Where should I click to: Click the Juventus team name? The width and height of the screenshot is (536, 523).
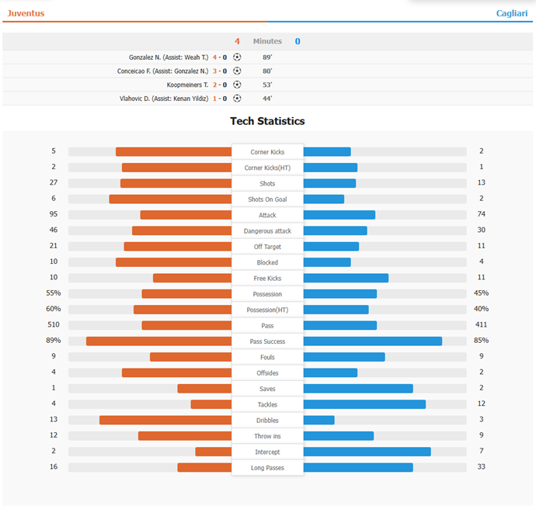(x=26, y=13)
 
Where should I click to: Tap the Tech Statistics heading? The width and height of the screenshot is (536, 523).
(x=267, y=121)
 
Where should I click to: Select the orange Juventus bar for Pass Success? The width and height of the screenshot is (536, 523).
(x=158, y=341)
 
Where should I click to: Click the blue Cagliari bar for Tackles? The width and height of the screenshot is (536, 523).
(x=364, y=404)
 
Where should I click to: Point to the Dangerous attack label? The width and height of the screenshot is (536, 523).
(x=267, y=231)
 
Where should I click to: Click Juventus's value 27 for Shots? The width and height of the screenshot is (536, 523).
(x=54, y=183)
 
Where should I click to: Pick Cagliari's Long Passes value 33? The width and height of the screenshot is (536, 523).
(x=482, y=467)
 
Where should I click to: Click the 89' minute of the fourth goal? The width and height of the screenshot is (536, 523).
(x=267, y=57)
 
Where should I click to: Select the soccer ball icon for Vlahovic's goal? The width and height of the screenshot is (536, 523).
(x=237, y=99)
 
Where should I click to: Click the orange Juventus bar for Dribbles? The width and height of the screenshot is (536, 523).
(x=165, y=420)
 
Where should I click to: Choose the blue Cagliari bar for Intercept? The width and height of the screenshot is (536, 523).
(x=367, y=452)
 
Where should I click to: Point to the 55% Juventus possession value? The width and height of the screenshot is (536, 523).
(x=54, y=293)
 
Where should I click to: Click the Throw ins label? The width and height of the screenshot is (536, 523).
(x=267, y=436)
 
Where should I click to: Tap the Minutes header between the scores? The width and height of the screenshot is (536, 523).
(x=267, y=41)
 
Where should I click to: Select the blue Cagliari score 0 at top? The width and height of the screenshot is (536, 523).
(x=298, y=41)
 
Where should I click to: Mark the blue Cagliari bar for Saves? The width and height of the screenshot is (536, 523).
(x=358, y=388)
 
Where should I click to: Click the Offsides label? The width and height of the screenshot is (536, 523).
(x=267, y=373)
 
